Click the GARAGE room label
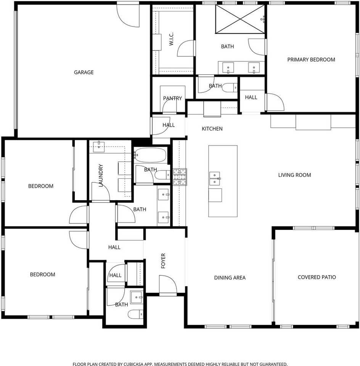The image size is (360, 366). (x=84, y=72)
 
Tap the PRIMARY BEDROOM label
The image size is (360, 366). (x=311, y=59)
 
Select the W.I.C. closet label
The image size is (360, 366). (x=171, y=40)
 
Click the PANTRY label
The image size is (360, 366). (x=172, y=98)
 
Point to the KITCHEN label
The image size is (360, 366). (x=212, y=129)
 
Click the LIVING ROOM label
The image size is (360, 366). (x=294, y=175)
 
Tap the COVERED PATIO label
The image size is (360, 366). (x=317, y=277)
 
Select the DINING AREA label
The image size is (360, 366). (x=229, y=278)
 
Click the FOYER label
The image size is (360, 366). (x=163, y=261)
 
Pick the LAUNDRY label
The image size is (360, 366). (x=101, y=175)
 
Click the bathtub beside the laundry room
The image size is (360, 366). (x=150, y=156)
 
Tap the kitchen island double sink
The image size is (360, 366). (x=215, y=178)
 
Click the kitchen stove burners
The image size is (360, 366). (x=180, y=177)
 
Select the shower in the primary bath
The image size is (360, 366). (x=240, y=19)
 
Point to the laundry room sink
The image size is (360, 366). (x=99, y=145)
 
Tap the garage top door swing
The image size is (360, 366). (x=128, y=15)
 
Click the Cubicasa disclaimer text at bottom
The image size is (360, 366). (x=180, y=364)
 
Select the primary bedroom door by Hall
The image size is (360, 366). (x=275, y=102)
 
